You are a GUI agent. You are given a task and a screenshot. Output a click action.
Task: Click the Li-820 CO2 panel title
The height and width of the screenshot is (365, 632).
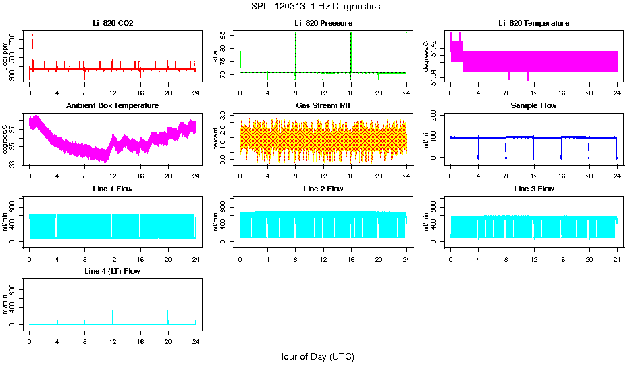pos(113,23)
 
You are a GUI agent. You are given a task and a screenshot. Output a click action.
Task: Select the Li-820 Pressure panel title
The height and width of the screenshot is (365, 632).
pos(323,23)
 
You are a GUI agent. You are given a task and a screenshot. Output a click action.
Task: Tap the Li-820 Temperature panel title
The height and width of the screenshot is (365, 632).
pos(533,23)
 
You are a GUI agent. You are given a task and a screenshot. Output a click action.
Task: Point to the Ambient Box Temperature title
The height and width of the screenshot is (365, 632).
pos(113,106)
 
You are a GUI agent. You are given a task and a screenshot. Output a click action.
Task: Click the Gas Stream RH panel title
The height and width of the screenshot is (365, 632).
pos(323,106)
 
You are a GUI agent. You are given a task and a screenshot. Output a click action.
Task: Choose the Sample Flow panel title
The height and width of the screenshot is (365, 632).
pos(533,106)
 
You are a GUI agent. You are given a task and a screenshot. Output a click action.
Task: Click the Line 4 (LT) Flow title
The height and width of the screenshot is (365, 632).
pos(113,271)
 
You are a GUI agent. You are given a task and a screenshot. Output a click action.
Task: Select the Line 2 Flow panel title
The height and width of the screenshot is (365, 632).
pos(323,189)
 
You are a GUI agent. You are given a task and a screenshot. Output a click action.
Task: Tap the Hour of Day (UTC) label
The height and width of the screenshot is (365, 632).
pos(315,356)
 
